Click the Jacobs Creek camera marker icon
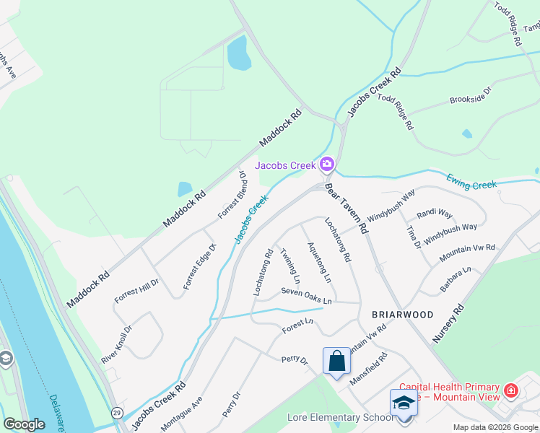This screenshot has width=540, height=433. point(327,165)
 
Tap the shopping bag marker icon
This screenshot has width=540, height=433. point(337,361)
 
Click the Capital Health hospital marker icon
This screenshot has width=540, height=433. point(512,391)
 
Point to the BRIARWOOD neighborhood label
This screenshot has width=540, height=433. point(402,315)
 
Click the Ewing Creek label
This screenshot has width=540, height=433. point(471,180)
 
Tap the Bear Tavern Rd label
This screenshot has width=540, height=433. point(347,207)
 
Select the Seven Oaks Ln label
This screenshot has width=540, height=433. point(306,295)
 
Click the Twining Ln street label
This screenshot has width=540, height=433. point(290,265)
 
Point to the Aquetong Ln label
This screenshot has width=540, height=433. point(318,261)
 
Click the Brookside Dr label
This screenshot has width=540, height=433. point(470,95)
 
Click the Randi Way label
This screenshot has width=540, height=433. point(435,214)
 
